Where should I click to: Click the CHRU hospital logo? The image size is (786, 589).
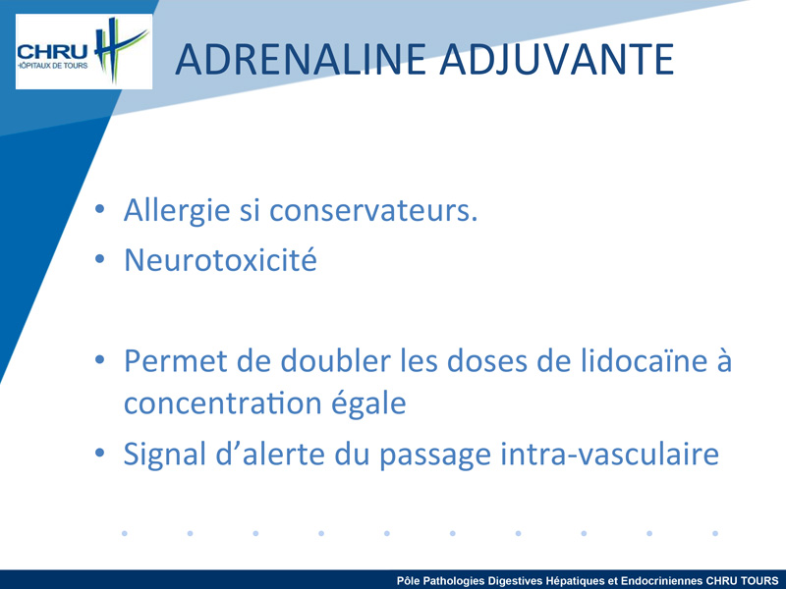pos(84,52)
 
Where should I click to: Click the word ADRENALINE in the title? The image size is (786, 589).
pos(301,60)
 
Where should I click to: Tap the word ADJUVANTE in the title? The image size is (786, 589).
pos(557,61)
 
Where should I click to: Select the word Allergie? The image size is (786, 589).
pos(177,210)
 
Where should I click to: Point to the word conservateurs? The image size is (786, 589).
pos(373,210)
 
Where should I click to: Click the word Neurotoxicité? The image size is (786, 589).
pos(220,260)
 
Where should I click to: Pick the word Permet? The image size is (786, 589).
pos(176,360)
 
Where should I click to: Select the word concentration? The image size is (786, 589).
pos(223,403)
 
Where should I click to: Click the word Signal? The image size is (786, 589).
pos(164,455)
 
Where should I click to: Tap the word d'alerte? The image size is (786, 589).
pos(271,454)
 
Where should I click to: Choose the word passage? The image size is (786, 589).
pos(435,455)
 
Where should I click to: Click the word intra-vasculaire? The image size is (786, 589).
pos(610,454)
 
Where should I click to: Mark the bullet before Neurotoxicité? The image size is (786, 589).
pos(100,259)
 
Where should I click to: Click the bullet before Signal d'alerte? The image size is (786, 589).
pos(100,453)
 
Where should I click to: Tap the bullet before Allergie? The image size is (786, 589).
pos(100,209)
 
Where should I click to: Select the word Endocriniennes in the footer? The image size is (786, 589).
pos(661,581)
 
